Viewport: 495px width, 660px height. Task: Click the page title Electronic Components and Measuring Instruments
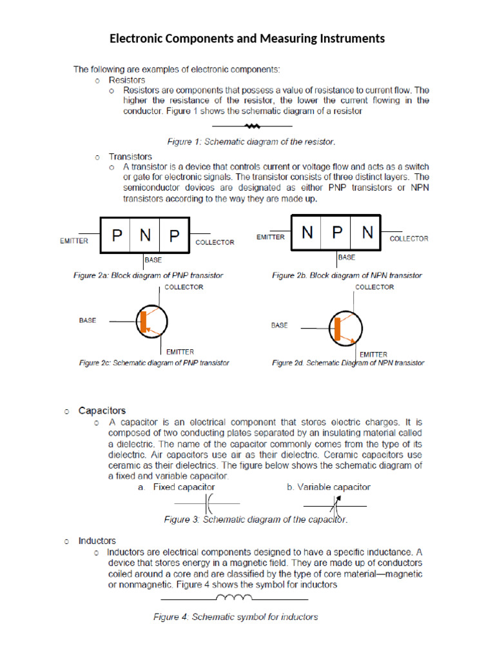(247, 39)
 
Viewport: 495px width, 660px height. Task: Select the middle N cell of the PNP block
(146, 236)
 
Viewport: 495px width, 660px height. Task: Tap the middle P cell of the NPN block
(338, 233)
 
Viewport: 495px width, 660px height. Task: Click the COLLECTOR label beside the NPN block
(409, 238)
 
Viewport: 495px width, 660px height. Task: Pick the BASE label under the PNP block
(153, 260)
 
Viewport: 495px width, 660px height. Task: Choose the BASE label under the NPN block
(347, 257)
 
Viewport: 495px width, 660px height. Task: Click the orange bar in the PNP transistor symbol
(144, 322)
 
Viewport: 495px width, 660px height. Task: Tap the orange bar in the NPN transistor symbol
(336, 329)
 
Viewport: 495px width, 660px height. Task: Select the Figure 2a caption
(148, 275)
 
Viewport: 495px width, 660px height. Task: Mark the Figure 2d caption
(348, 363)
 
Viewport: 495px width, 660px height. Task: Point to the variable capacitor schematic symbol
(335, 503)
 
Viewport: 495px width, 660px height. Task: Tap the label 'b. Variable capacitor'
(329, 487)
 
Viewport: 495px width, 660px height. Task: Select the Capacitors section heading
(102, 410)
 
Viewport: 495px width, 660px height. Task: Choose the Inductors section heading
(97, 541)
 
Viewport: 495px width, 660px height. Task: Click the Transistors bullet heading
(130, 157)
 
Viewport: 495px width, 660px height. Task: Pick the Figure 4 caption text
(235, 617)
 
